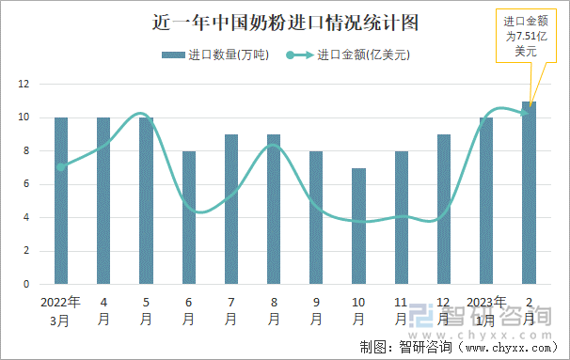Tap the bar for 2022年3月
[61, 200]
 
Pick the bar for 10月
[358, 226]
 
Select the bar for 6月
[189, 217]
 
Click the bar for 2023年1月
[486, 200]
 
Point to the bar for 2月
[529, 193]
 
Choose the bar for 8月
[274, 209]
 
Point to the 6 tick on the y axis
[25, 184]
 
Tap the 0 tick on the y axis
[25, 284]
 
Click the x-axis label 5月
[146, 310]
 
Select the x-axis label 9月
[316, 310]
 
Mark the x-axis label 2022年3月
[61, 310]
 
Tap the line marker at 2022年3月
[61, 167]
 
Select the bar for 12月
[444, 209]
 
